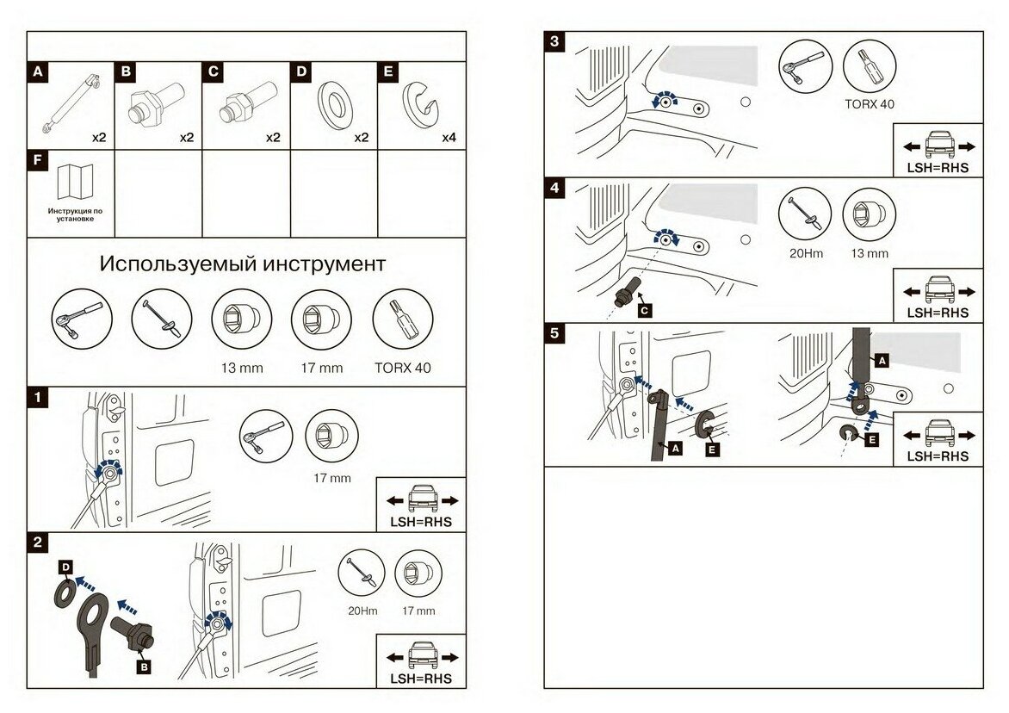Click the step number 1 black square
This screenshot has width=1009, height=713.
tap(36, 398)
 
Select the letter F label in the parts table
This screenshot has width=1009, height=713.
tap(36, 160)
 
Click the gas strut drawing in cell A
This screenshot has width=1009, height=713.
tap(71, 103)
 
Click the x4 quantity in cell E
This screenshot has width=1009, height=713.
tap(450, 137)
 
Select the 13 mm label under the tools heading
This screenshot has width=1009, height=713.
tap(241, 368)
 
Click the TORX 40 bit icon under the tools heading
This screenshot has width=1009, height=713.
tap(402, 318)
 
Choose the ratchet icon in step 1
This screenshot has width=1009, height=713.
tap(264, 433)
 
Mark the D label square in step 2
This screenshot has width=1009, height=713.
tap(65, 567)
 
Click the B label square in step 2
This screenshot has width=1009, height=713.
tap(144, 665)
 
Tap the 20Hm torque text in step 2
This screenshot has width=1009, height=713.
tap(362, 611)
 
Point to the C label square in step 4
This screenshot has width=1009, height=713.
tap(644, 308)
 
